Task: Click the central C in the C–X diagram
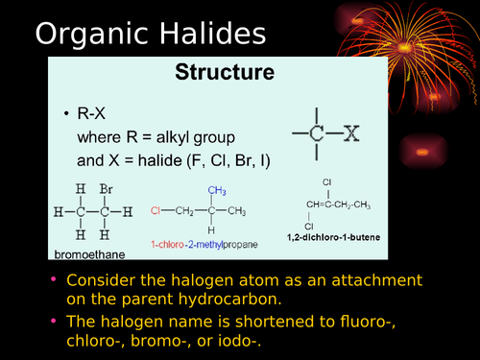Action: pos(317,134)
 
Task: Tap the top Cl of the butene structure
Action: pos(327,181)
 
